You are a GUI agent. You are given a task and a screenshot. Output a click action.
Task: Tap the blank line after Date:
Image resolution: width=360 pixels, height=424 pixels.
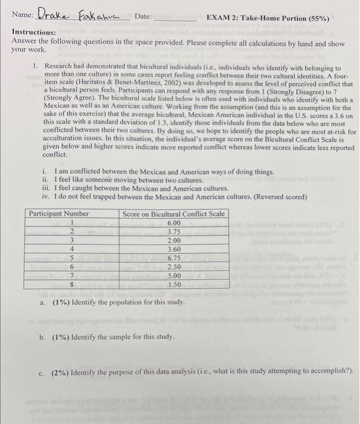click(x=175, y=18)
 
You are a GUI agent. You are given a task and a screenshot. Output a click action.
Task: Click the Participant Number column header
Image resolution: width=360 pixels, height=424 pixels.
click(x=59, y=214)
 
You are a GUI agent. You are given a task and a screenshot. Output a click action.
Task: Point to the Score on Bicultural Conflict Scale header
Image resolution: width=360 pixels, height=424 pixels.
click(x=173, y=214)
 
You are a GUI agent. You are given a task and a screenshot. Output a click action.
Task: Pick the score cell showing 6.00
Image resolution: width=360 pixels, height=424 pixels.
click(x=173, y=222)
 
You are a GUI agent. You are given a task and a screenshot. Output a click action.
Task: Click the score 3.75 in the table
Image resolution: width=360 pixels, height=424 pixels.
click(x=173, y=231)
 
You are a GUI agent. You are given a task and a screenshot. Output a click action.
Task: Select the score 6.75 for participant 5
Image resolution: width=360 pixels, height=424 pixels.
click(x=173, y=257)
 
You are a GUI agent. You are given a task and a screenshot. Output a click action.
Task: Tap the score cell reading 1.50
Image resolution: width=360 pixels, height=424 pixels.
click(x=173, y=283)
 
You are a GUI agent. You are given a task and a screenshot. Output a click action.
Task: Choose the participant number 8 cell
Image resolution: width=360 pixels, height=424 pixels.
click(x=72, y=283)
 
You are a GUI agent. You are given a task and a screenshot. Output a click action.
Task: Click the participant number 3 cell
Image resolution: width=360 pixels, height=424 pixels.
click(x=72, y=240)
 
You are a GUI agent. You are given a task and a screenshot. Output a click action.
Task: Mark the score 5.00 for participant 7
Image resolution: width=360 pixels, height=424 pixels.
click(x=173, y=275)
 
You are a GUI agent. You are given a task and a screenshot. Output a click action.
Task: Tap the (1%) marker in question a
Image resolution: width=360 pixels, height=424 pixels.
click(x=61, y=302)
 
